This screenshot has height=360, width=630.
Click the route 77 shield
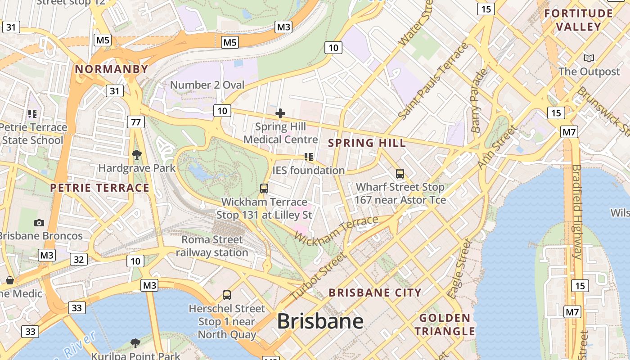[x=135, y=121]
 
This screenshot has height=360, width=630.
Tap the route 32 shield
[x=79, y=259]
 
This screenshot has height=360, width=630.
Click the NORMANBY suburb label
[x=111, y=69]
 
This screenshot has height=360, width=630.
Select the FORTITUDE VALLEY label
[x=578, y=20]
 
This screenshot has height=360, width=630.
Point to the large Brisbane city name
[x=320, y=321]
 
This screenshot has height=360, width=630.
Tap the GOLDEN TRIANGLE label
[x=445, y=324]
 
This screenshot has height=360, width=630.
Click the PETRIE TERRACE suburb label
[x=99, y=188]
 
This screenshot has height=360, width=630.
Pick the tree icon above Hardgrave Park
[x=137, y=155]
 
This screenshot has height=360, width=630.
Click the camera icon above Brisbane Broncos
[x=39, y=223]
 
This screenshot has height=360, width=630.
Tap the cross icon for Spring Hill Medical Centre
[x=280, y=113]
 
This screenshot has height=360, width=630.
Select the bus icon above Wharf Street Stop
[x=400, y=173]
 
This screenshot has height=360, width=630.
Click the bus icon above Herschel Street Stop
[x=227, y=295]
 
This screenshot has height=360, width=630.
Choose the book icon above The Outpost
[x=589, y=58]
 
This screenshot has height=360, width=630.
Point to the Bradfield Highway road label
[x=576, y=211]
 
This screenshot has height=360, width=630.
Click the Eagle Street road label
[x=460, y=269]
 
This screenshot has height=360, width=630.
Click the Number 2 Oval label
[x=207, y=85]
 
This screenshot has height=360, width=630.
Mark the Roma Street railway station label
[x=212, y=246]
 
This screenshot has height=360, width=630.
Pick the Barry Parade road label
[x=479, y=100]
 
